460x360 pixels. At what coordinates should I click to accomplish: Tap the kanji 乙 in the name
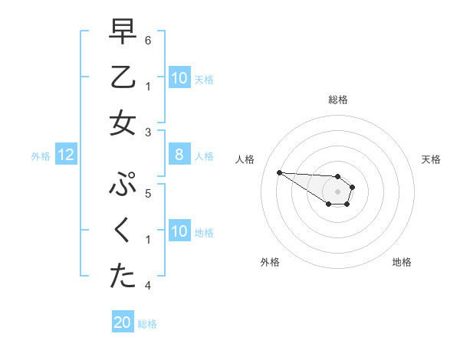coord(123,77)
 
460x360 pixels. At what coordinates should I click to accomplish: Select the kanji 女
coord(123,123)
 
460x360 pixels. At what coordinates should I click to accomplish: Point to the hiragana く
coord(123,231)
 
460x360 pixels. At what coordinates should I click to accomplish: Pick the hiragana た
coord(123,277)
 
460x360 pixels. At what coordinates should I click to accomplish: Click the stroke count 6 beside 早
coord(149,40)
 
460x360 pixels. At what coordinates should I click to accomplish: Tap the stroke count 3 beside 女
coord(149,133)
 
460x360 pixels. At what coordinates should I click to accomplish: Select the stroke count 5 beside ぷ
coord(149,193)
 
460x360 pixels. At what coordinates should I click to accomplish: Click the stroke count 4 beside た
coord(149,286)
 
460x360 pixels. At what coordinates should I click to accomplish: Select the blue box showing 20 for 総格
coord(123,323)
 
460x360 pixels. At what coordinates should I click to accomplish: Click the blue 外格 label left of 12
coord(41,156)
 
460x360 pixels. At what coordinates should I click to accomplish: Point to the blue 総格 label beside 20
coord(147,324)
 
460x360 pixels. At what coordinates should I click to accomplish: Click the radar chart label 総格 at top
coord(338,100)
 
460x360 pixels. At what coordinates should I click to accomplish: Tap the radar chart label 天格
coord(431,159)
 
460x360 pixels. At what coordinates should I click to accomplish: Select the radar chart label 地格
coord(402,262)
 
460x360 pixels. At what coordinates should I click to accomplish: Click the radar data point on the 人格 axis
coord(279,172)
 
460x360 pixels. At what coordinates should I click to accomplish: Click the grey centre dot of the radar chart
coord(338,191)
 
